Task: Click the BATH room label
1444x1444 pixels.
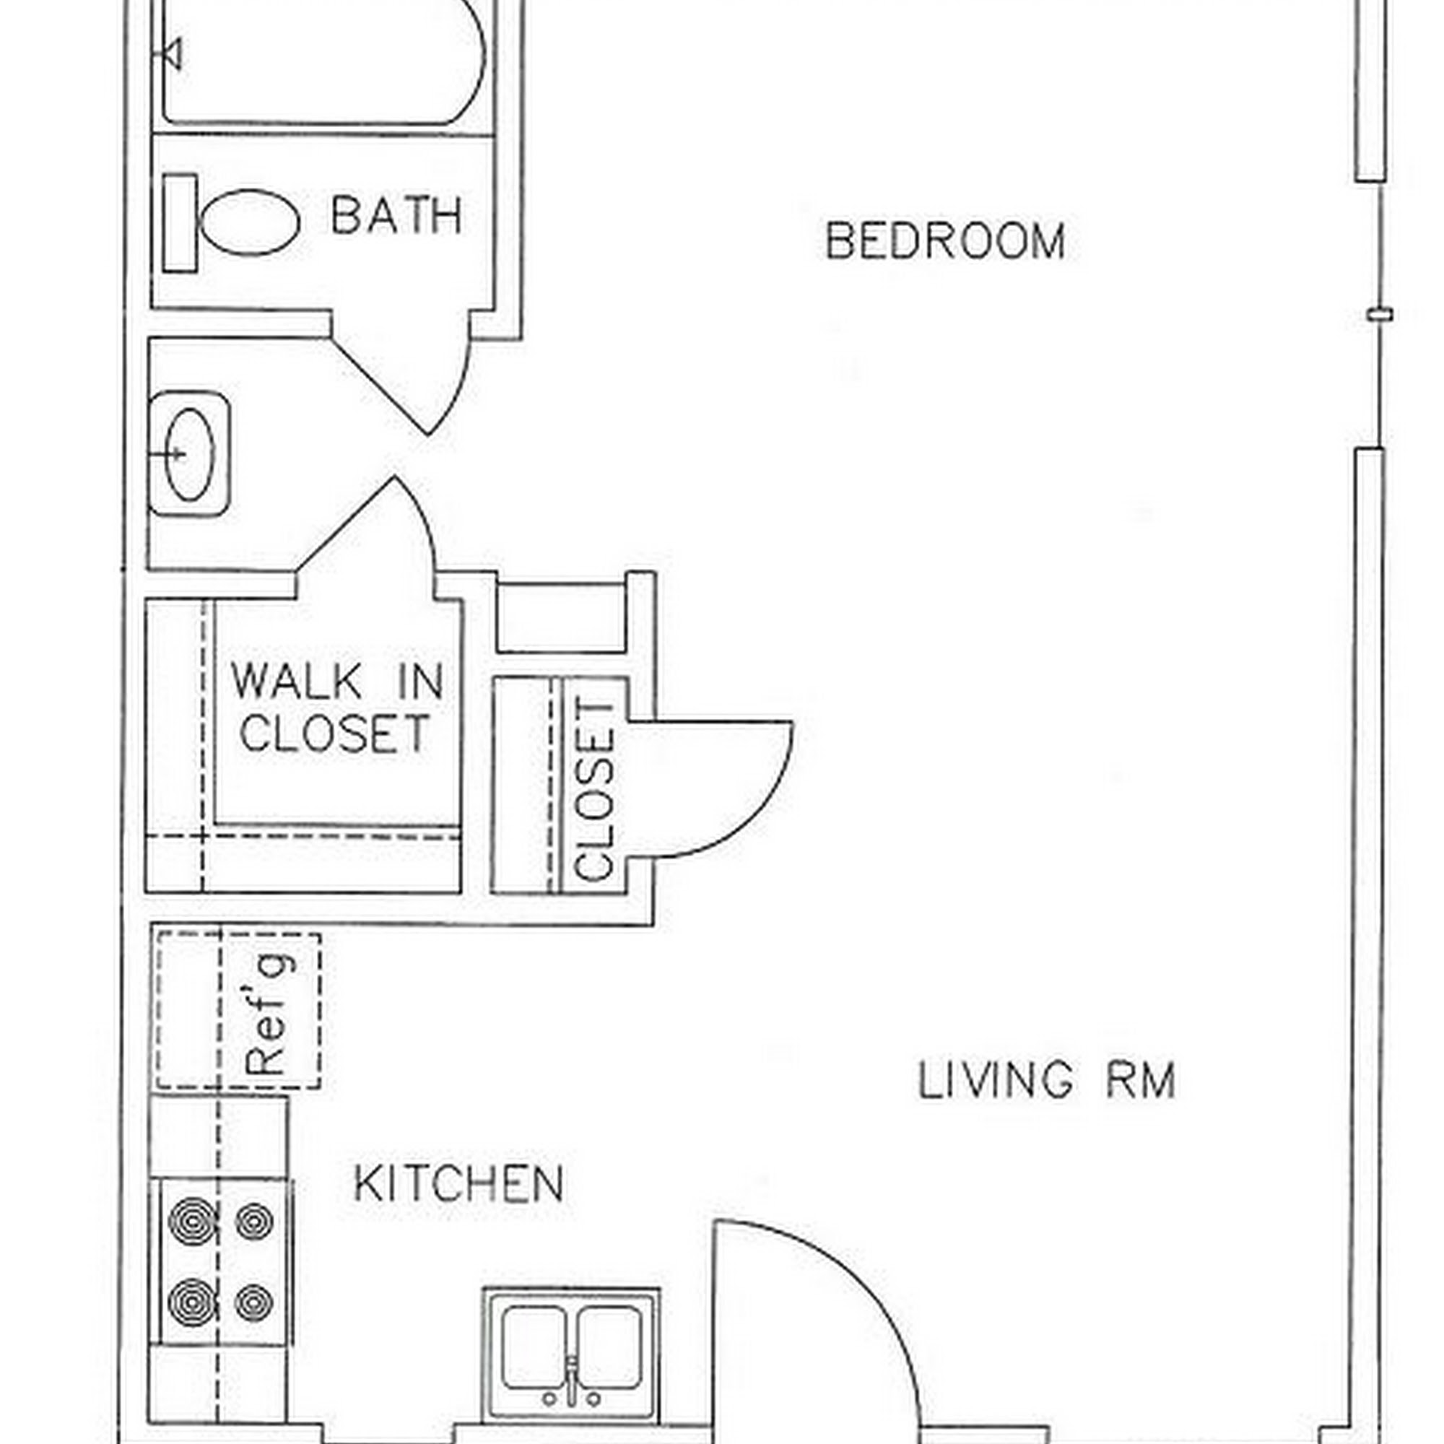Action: coord(396,215)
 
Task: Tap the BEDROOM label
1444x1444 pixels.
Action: coord(946,240)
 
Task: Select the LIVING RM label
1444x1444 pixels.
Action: coord(1047,1080)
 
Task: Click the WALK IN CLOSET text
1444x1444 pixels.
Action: coord(337,706)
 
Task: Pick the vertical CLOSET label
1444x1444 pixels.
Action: coord(595,789)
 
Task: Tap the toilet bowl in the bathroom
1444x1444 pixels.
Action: coord(251,222)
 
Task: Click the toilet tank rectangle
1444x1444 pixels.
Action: coord(179,222)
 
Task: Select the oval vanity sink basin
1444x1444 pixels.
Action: coord(189,454)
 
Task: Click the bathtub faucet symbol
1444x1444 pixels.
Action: coord(173,54)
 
